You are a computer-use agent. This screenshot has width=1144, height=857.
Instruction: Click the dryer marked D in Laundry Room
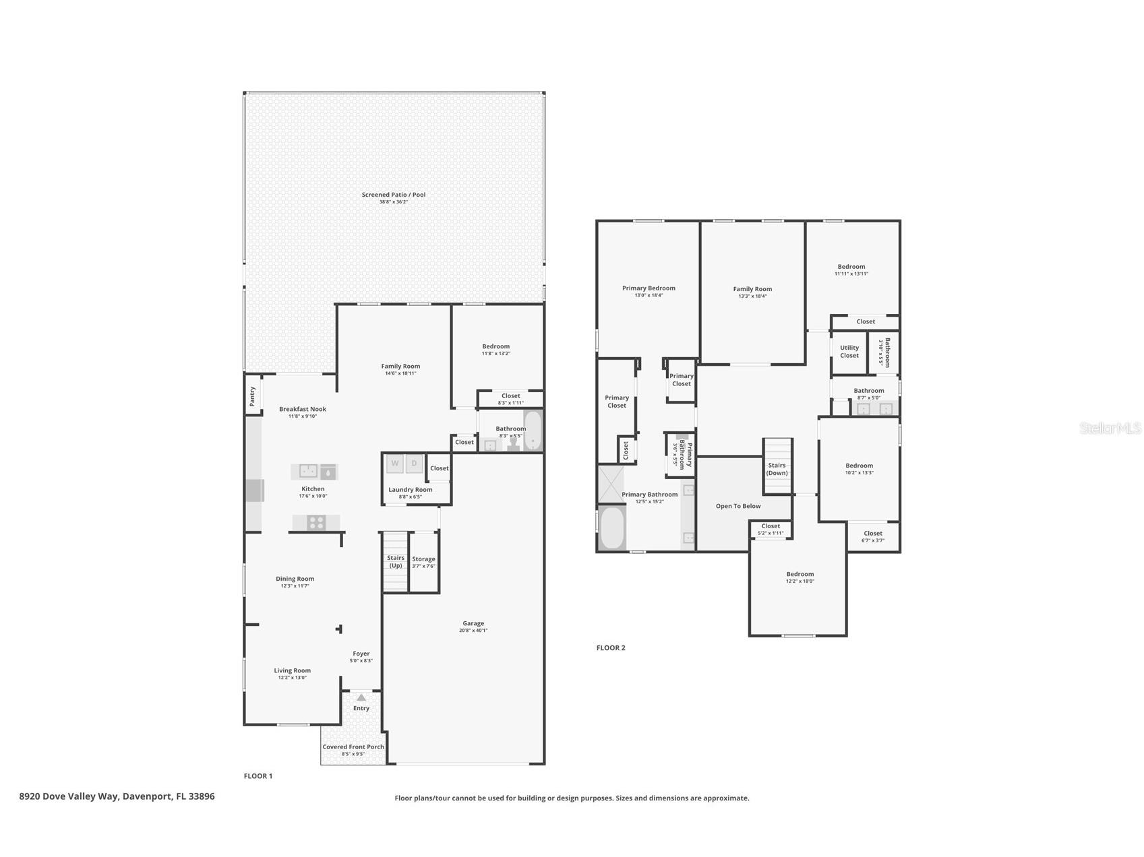415,464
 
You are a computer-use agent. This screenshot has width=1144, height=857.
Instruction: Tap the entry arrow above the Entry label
361,698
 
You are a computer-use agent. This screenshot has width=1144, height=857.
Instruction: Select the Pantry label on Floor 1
253,396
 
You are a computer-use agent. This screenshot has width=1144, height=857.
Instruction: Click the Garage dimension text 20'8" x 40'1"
473,631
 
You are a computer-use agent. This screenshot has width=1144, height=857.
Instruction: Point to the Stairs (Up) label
396,562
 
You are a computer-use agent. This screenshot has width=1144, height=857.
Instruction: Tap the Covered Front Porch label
353,747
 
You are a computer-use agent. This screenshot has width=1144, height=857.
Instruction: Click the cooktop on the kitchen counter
316,522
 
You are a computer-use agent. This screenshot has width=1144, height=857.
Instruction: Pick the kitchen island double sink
308,471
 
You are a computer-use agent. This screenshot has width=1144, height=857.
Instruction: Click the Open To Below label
738,506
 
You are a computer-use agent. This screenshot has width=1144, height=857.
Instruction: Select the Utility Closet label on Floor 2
849,352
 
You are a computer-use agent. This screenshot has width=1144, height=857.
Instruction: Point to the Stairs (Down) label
777,469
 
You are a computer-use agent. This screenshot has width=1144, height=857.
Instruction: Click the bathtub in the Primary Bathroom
612,528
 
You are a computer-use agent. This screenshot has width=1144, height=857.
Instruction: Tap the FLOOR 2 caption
611,648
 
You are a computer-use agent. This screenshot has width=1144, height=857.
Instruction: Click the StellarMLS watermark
1110,428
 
